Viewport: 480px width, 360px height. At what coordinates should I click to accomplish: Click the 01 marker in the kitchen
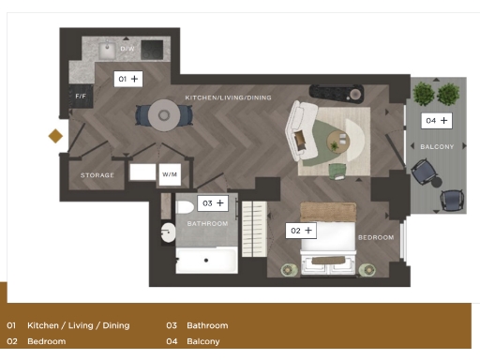(127, 80)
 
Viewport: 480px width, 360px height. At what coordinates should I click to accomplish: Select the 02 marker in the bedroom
(301, 230)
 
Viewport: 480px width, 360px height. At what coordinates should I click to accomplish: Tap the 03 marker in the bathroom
(213, 202)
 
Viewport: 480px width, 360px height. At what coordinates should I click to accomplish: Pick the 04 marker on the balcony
(437, 120)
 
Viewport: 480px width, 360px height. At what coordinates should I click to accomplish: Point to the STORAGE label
(97, 175)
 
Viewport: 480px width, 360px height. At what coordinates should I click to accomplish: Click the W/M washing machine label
(169, 174)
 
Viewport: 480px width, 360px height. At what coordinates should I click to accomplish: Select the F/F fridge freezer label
(81, 97)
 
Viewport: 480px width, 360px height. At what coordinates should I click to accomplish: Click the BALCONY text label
(437, 147)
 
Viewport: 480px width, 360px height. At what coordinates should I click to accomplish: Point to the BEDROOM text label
(376, 237)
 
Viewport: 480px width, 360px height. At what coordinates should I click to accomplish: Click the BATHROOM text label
(207, 224)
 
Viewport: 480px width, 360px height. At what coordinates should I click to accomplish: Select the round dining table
(164, 115)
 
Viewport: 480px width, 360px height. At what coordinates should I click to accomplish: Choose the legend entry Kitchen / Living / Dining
(78, 325)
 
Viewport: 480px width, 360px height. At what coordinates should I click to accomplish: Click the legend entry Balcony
(202, 341)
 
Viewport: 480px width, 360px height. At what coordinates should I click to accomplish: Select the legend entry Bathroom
(206, 325)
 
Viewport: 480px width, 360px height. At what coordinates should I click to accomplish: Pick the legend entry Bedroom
(46, 341)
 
